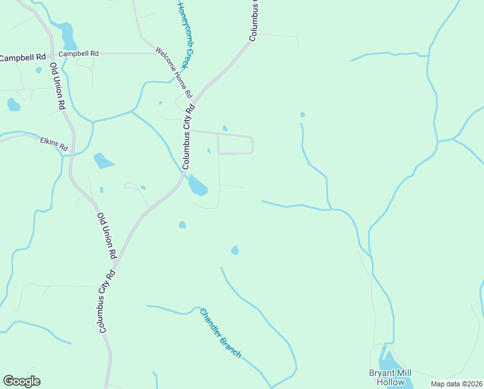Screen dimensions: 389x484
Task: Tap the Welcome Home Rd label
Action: pyautogui.click(x=174, y=72)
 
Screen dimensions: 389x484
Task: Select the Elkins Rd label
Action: pyautogui.click(x=54, y=144)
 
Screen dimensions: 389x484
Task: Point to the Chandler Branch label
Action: pyautogui.click(x=221, y=333)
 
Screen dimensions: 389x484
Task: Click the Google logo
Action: pyautogui.click(x=22, y=381)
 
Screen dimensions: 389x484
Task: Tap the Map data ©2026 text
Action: pyautogui.click(x=456, y=384)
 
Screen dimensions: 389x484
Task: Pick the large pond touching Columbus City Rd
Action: pyautogui.click(x=197, y=187)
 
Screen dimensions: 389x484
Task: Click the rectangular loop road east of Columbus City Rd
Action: pyautogui.click(x=235, y=144)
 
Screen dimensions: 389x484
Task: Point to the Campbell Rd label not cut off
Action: pyautogui.click(x=78, y=54)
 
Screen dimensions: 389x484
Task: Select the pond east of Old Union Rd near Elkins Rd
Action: pyautogui.click(x=103, y=160)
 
